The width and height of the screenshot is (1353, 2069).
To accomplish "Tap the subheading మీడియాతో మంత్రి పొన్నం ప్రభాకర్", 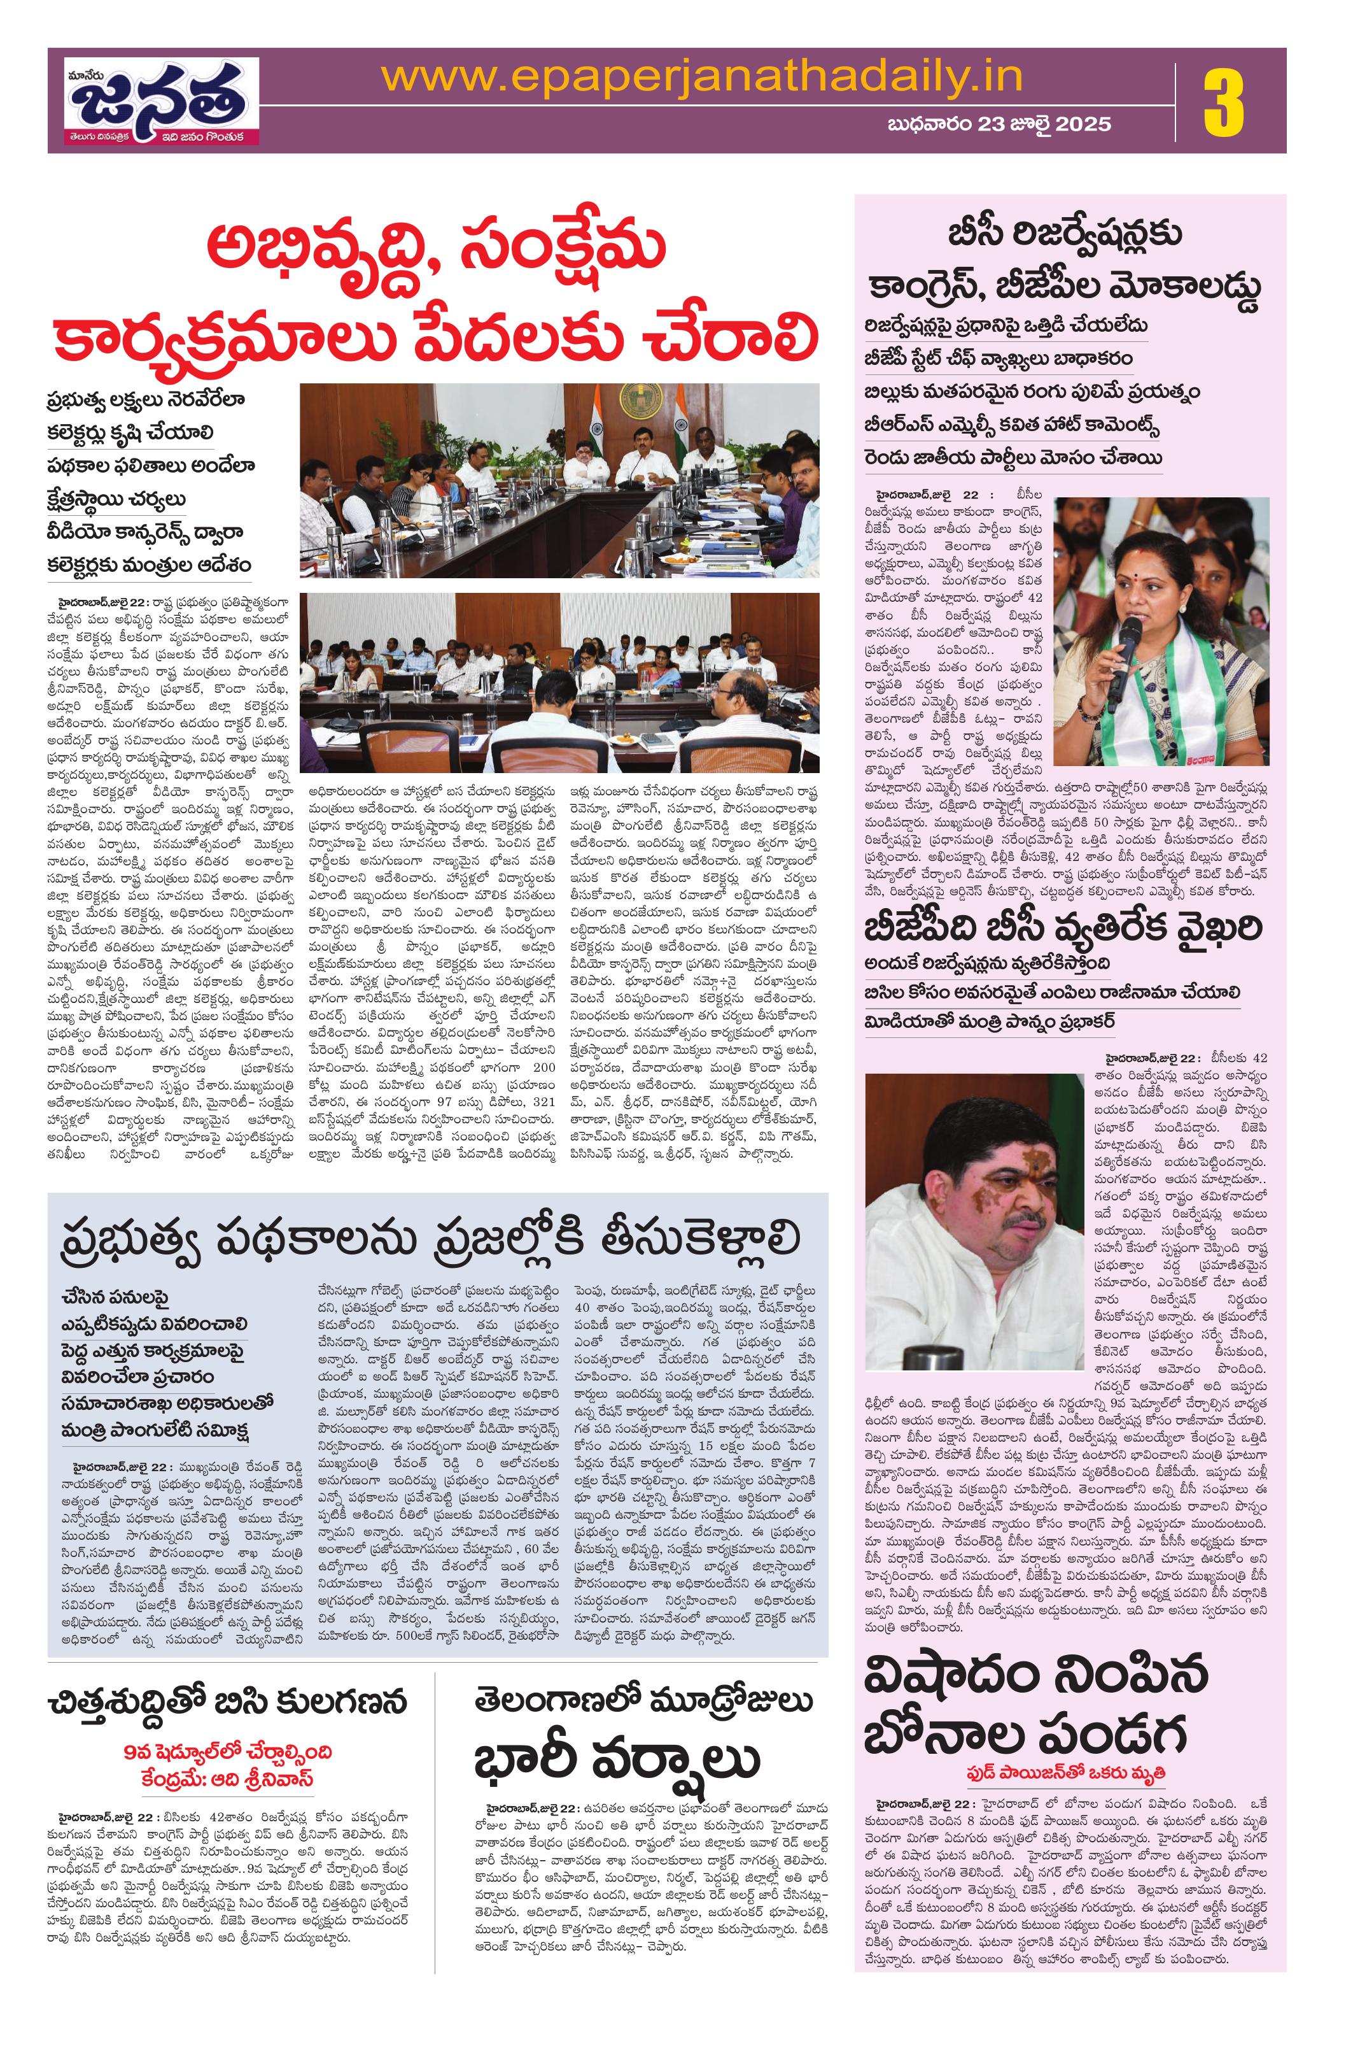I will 990,1021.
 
